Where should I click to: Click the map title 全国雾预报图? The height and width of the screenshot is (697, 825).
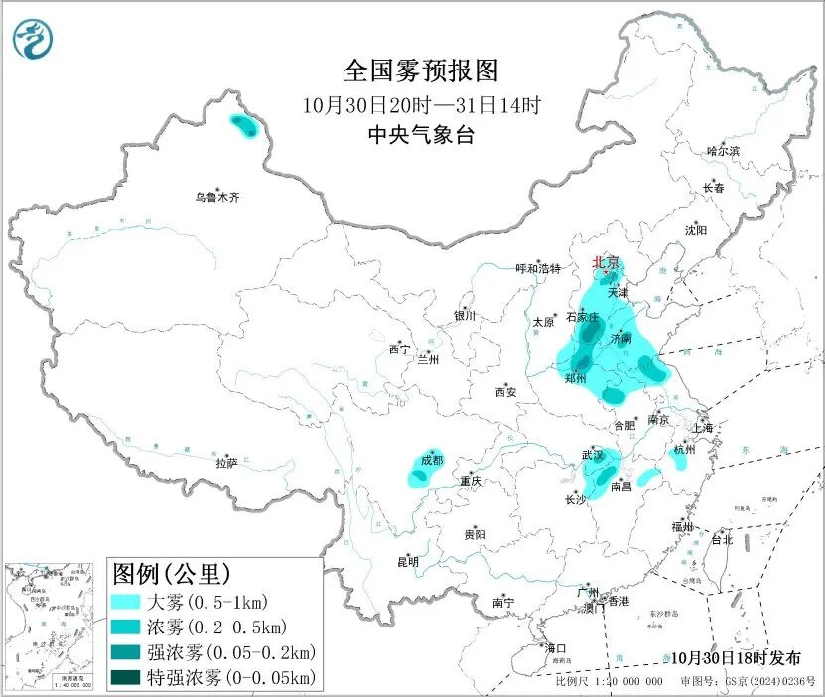click(420, 70)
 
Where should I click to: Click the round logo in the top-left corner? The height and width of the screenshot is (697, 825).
click(35, 39)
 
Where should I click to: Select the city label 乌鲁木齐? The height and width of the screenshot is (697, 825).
click(216, 198)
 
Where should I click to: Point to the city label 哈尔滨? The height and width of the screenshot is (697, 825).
click(723, 151)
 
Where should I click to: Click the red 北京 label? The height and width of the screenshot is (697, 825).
click(606, 262)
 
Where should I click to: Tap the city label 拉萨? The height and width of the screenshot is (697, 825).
click(227, 462)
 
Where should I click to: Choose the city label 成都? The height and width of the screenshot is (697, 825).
click(432, 460)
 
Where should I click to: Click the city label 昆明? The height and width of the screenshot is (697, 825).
click(408, 562)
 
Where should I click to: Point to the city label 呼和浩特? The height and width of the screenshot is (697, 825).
click(538, 269)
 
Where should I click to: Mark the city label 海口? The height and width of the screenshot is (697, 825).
click(557, 648)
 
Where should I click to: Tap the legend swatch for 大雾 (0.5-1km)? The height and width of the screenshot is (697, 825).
click(127, 602)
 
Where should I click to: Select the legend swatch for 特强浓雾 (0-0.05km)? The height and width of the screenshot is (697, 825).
click(127, 678)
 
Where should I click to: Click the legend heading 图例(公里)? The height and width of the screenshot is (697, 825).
click(172, 574)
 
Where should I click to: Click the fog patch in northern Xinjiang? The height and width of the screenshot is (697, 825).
click(242, 124)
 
